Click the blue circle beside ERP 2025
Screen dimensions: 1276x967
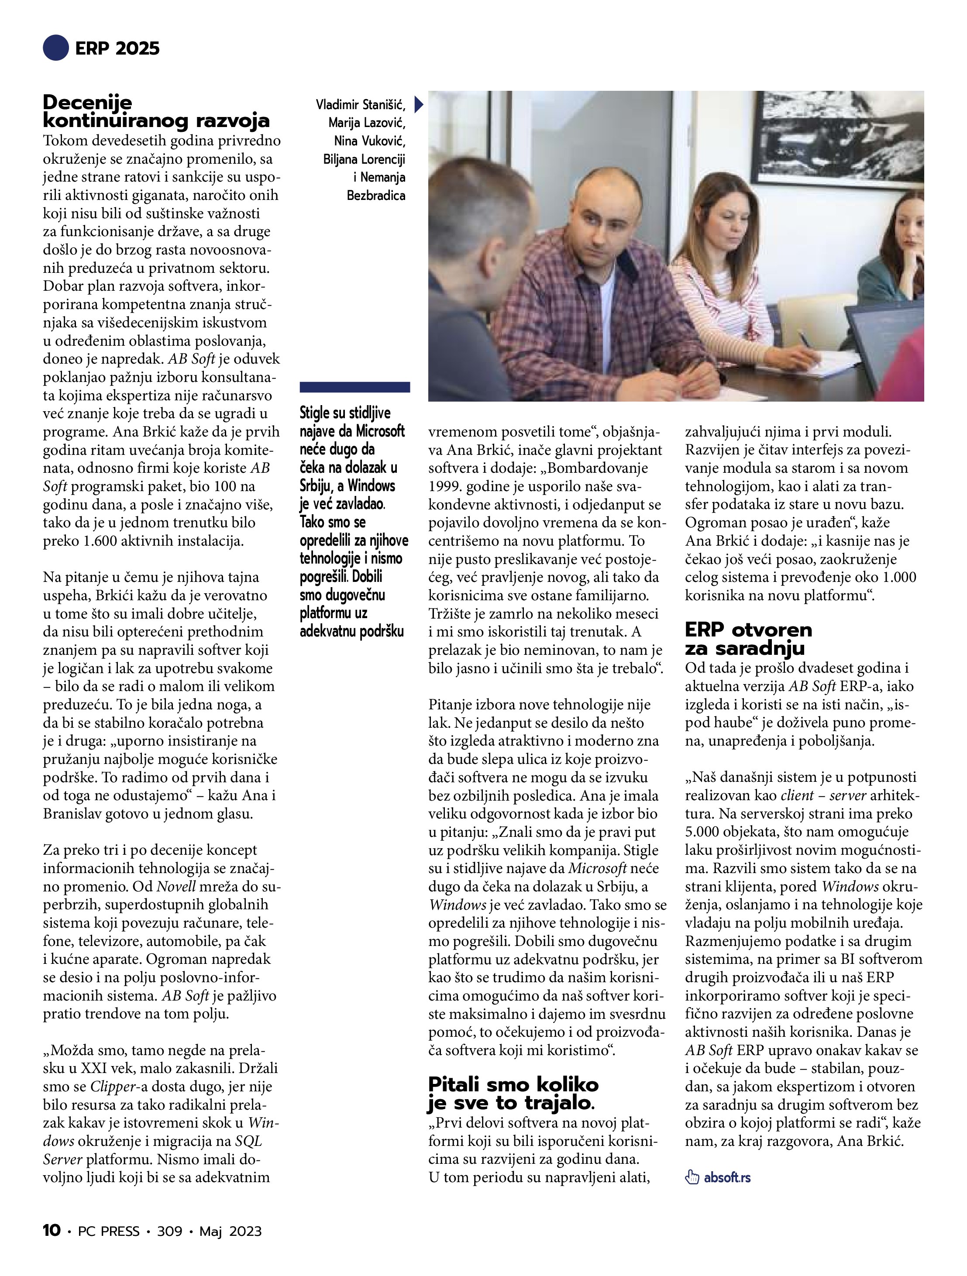[56, 48]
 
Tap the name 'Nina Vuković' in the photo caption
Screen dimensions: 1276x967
[369, 141]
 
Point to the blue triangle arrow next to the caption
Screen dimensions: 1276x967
[419, 104]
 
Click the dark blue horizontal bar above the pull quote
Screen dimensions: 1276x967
[355, 387]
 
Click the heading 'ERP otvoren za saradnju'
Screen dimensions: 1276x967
[748, 638]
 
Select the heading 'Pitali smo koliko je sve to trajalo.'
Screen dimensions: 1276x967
[513, 1093]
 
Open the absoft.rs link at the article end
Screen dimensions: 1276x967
[727, 1177]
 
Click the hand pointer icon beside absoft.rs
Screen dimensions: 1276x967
[692, 1177]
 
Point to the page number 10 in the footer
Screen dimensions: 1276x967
[52, 1231]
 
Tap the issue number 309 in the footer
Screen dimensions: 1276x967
[170, 1231]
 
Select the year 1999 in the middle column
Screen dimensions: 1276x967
[443, 486]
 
